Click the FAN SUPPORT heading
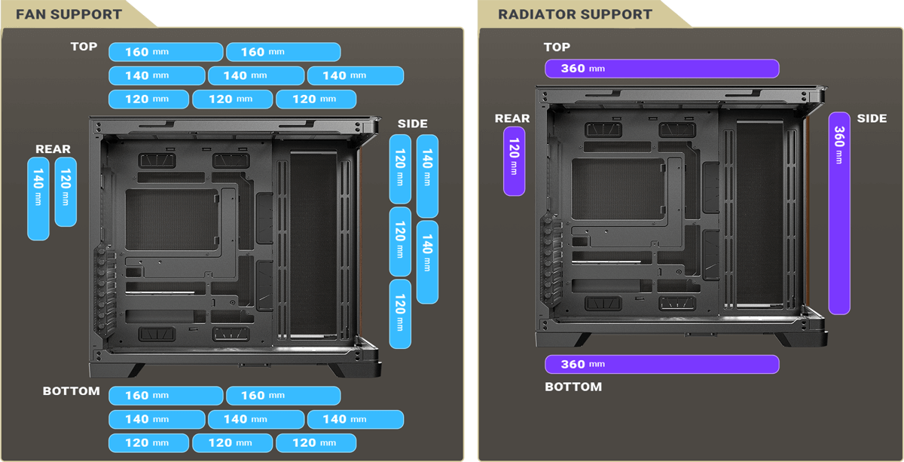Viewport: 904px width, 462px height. pyautogui.click(x=69, y=14)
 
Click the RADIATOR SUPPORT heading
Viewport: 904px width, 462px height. pyautogui.click(x=575, y=14)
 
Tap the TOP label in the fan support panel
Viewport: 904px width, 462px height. pyautogui.click(x=84, y=47)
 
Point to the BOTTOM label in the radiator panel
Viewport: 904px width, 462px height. pyautogui.click(x=573, y=387)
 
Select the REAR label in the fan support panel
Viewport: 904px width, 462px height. pyautogui.click(x=53, y=149)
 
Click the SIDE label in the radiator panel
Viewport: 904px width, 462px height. pyautogui.click(x=872, y=118)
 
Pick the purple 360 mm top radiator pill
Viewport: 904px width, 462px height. pyautogui.click(x=661, y=69)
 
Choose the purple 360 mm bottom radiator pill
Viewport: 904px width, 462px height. pyautogui.click(x=661, y=364)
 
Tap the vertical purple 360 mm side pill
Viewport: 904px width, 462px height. pyautogui.click(x=839, y=213)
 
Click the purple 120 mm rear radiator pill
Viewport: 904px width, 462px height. pyautogui.click(x=514, y=161)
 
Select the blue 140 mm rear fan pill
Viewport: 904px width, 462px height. pyautogui.click(x=38, y=198)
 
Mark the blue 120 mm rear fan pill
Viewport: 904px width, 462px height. pyautogui.click(x=66, y=191)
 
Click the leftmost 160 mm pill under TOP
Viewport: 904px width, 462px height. pyautogui.click(x=166, y=52)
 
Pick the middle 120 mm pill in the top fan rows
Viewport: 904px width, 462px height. pyautogui.click(x=232, y=99)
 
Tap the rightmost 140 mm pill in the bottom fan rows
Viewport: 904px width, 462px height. pyautogui.click(x=355, y=419)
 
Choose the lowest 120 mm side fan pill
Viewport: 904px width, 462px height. pyautogui.click(x=400, y=314)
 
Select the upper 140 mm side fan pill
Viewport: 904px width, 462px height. pyautogui.click(x=427, y=176)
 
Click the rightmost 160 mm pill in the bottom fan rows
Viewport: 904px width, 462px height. pyautogui.click(x=283, y=396)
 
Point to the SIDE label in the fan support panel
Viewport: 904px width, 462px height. pyautogui.click(x=412, y=124)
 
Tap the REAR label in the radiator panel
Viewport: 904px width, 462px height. pyautogui.click(x=512, y=118)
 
